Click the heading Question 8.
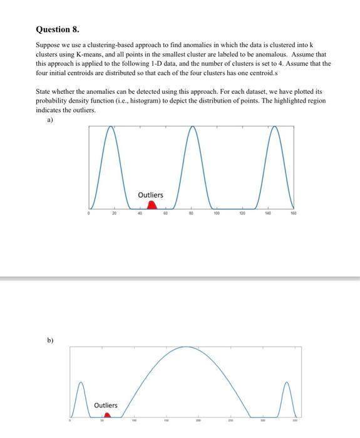click(58, 29)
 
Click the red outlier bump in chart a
click(151, 205)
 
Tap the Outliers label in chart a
click(150, 195)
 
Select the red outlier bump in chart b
click(107, 414)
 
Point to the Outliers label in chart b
click(105, 405)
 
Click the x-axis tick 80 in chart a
click(192, 213)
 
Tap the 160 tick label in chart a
click(293, 213)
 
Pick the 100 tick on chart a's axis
click(216, 213)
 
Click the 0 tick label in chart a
click(90, 213)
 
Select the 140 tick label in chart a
click(267, 213)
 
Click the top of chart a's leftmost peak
click(111, 127)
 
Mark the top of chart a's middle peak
click(192, 127)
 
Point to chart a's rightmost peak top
click(274, 127)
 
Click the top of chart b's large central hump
click(185, 347)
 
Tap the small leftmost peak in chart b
click(80, 381)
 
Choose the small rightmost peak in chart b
click(287, 382)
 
